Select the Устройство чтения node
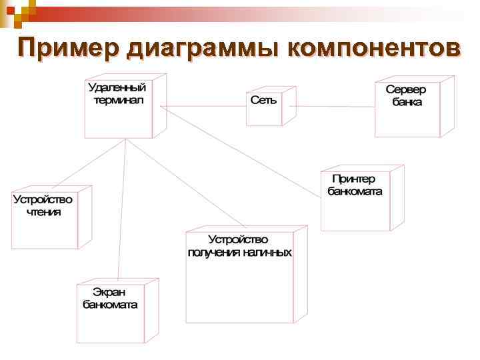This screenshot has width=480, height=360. [x=44, y=220]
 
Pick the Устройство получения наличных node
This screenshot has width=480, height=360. [x=240, y=280]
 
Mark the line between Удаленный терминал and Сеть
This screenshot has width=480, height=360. [x=203, y=105]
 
